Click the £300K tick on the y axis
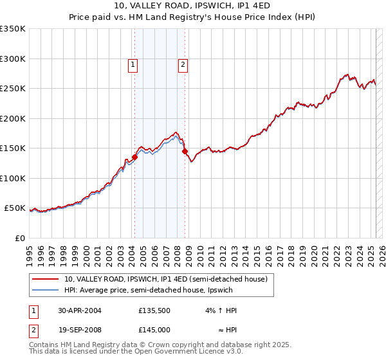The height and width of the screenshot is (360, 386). pos(13,59)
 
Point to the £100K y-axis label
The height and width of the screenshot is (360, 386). pos(13,178)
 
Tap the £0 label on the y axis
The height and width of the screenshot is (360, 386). pos(20,238)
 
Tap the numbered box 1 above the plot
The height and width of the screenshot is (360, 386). pos(133,64)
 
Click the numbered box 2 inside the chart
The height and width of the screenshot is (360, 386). pos(183,64)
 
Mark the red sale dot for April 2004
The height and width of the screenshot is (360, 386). pos(135,157)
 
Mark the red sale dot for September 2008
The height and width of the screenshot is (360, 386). pos(185,152)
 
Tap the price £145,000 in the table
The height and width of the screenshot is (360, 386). pos(154,330)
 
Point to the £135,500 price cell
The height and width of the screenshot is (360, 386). pos(154,310)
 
